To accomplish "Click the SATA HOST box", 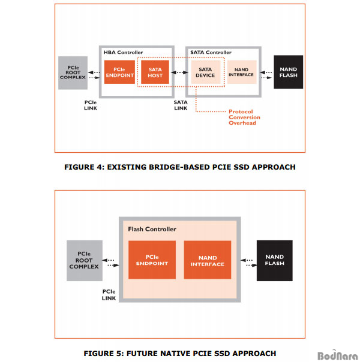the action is click(x=155, y=72).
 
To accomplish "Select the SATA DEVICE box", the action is click(x=206, y=72).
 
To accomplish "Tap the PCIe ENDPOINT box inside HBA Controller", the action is click(x=119, y=72).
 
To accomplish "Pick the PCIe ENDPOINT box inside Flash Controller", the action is click(x=152, y=260).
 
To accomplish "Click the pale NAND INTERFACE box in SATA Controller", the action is click(x=242, y=72).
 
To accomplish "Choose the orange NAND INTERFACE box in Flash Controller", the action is click(x=208, y=260).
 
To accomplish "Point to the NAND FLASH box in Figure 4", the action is click(x=289, y=72).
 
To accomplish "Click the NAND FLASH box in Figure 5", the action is click(x=275, y=261).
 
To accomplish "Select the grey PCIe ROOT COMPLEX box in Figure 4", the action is click(x=73, y=73).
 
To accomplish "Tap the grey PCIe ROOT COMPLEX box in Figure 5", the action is click(x=85, y=261).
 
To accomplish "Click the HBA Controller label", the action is click(x=123, y=52).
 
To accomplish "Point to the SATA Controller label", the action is click(x=211, y=52).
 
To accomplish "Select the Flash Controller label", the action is click(x=152, y=230).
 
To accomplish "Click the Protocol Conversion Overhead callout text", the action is click(x=244, y=117).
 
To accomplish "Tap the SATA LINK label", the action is click(x=181, y=105).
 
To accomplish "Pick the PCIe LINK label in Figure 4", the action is click(x=91, y=105).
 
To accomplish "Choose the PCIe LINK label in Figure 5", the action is click(x=109, y=295).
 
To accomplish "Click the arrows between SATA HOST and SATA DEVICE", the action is click(x=179, y=73).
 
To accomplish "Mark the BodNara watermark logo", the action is click(x=338, y=355).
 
